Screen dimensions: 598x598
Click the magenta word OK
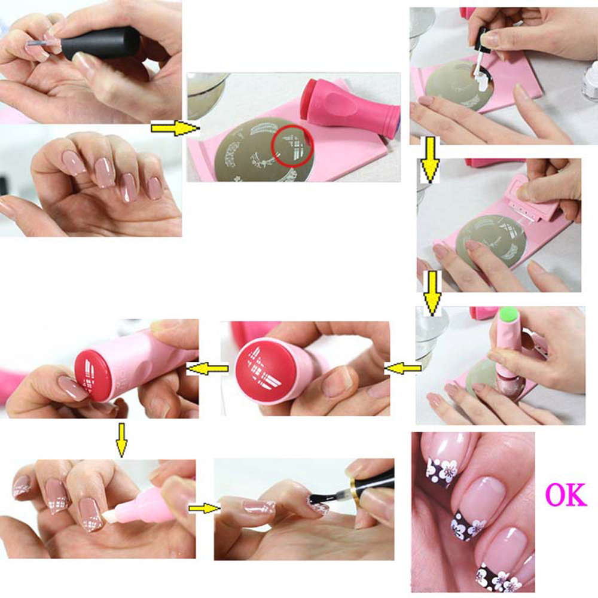566,495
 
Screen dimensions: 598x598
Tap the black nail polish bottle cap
101,42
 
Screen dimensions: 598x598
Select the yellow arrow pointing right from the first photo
175,128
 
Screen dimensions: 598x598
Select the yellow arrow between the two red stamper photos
208,368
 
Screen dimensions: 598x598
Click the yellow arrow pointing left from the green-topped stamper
402,368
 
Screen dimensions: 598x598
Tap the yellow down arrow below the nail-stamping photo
121,440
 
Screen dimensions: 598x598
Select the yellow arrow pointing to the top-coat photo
205,508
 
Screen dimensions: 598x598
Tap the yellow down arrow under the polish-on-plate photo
430,160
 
